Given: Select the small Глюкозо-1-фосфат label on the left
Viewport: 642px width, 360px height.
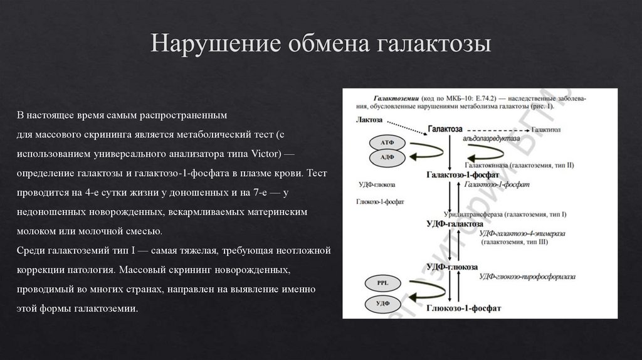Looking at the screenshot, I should [x=381, y=203].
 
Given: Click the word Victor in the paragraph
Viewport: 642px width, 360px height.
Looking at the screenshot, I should [x=268, y=154].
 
